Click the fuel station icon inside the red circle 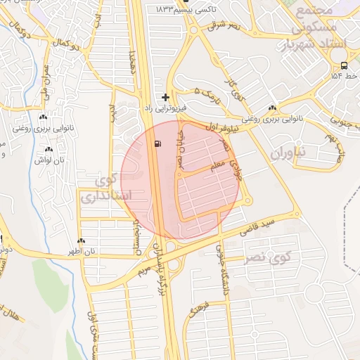coord(156,144)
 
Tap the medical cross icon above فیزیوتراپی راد coord(165,96)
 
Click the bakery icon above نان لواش coord(49,149)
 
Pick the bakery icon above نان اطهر coord(82,240)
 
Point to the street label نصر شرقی coord(225,25)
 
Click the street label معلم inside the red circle coord(217,165)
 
